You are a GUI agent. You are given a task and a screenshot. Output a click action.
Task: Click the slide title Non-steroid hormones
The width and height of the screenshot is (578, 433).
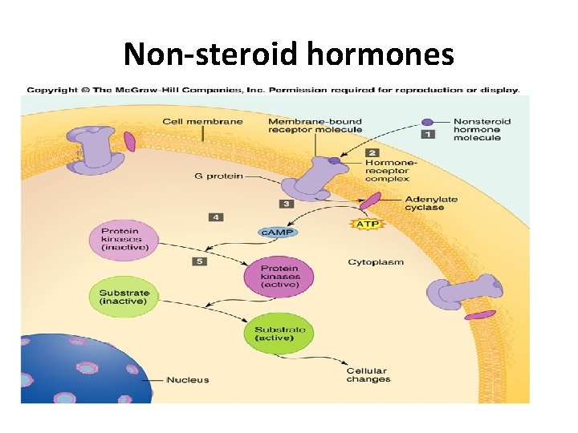pos(289,55)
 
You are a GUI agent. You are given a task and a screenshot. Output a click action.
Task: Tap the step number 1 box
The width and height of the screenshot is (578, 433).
pos(429,134)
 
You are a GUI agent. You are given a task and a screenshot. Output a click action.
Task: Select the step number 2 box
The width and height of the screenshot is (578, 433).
pos(372,152)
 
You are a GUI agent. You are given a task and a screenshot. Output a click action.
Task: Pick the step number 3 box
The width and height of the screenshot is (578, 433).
pos(287,204)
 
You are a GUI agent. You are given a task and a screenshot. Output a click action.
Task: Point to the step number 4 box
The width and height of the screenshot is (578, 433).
pos(215,216)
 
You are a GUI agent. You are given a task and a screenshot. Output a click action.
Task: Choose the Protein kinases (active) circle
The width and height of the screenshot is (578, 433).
pos(279,277)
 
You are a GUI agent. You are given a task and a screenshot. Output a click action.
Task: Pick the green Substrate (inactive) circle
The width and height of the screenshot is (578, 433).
pos(123,297)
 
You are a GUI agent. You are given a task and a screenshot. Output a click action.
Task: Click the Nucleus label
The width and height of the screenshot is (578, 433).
pos(187,380)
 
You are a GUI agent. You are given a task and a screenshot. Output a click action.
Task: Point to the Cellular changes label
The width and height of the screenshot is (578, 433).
pos(368,375)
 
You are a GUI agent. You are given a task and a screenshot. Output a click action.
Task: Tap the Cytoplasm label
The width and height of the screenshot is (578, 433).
pos(375,262)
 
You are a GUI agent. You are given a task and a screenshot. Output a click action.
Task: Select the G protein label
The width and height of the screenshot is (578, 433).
pos(218,175)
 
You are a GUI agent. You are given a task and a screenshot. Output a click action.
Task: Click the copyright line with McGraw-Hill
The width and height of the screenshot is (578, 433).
pos(273,90)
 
